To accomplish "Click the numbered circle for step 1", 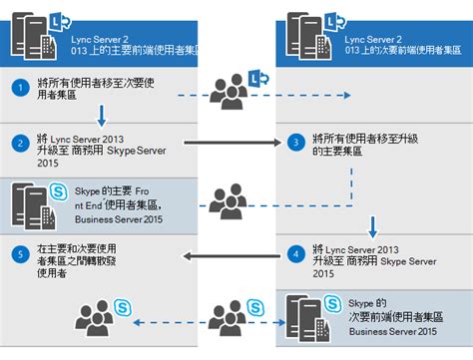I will [17, 87].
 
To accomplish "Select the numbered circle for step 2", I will [17, 142].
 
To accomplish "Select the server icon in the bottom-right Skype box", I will [303, 317].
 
